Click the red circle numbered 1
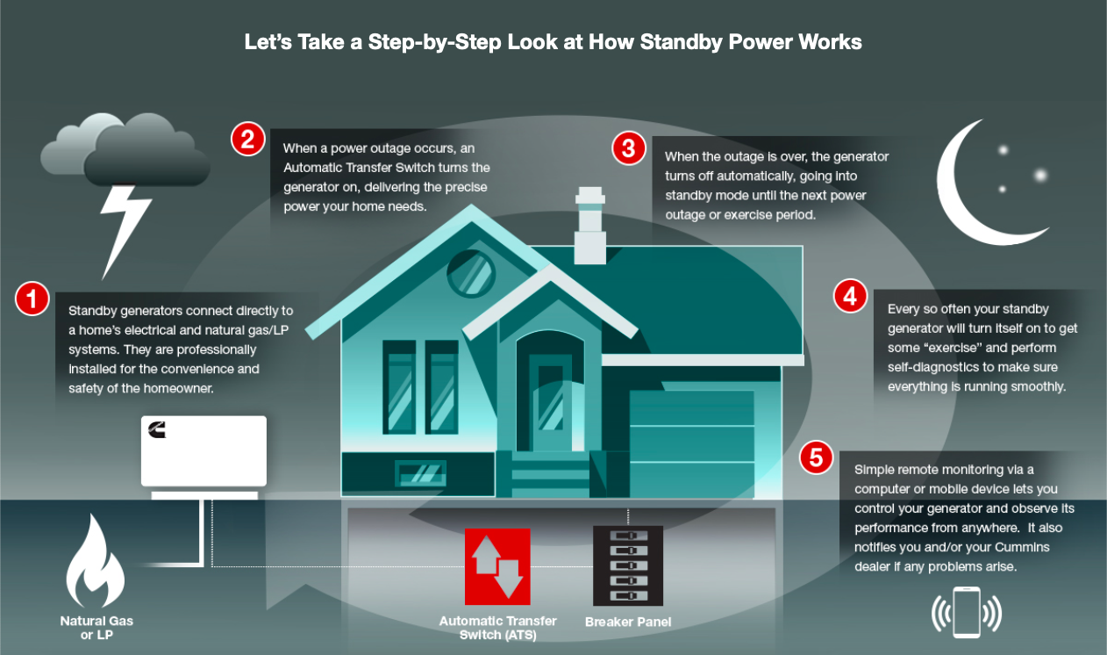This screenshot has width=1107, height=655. click(x=32, y=299)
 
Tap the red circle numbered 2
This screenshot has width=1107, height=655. click(x=247, y=139)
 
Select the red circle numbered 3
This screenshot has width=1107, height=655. click(x=629, y=148)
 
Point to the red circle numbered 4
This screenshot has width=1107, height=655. click(x=850, y=296)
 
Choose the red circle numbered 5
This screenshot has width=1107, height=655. click(x=816, y=457)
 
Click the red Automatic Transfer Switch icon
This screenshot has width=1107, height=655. click(x=497, y=566)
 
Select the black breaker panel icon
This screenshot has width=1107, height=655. click(x=628, y=565)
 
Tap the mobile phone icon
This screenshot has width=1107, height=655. click(x=966, y=612)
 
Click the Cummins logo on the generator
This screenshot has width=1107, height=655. click(x=157, y=429)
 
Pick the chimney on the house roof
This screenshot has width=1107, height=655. click(x=590, y=225)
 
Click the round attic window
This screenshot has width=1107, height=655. click(x=471, y=274)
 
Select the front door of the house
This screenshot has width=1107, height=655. click(x=550, y=402)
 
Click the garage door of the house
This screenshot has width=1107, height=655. click(x=692, y=443)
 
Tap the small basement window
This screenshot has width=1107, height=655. click(x=420, y=473)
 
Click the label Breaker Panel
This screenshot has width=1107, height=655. click(x=628, y=622)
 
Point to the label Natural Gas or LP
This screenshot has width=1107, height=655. click(x=96, y=628)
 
